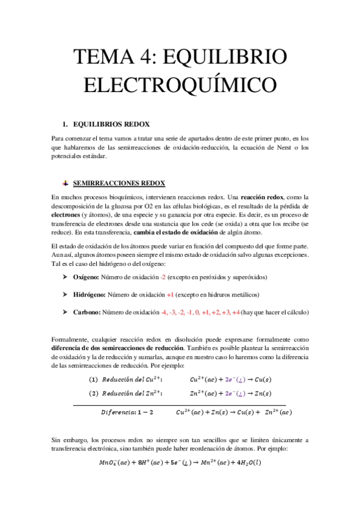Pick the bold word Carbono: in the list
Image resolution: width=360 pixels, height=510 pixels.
[87, 312]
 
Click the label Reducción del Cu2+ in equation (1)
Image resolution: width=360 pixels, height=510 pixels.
[132, 379]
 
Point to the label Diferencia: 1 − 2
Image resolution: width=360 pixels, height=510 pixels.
[126, 412]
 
